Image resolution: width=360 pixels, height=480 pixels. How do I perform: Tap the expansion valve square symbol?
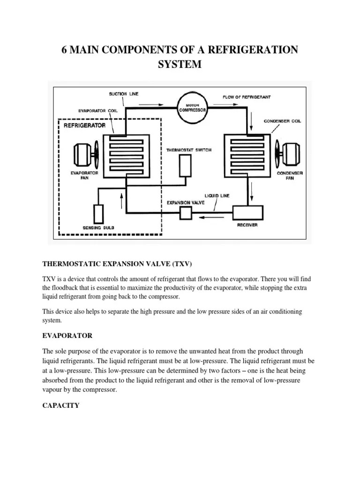(186, 213)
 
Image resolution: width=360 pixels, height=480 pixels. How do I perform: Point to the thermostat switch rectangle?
(186, 166)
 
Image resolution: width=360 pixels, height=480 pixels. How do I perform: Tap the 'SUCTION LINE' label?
(124, 94)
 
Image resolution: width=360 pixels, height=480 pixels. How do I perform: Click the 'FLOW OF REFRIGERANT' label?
(247, 97)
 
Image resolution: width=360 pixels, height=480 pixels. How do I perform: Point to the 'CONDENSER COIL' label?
(282, 121)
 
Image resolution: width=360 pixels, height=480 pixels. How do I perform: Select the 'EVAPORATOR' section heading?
(67, 336)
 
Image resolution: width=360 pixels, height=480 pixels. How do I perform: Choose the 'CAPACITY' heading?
(61, 405)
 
